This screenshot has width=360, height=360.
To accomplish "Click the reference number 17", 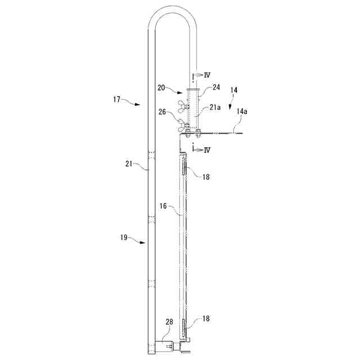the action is click(x=116, y=100).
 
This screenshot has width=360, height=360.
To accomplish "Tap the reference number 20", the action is click(x=161, y=88).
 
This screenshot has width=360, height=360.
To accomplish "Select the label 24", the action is click(x=216, y=87).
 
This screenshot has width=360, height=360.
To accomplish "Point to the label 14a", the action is click(x=242, y=111).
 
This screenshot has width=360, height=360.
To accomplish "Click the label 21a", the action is click(x=215, y=107).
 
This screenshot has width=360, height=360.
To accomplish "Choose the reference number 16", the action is click(x=163, y=206).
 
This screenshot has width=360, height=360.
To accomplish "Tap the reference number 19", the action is click(x=124, y=237).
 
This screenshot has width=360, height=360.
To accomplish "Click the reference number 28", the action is click(x=169, y=322).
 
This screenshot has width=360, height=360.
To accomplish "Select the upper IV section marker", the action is click(x=207, y=75).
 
